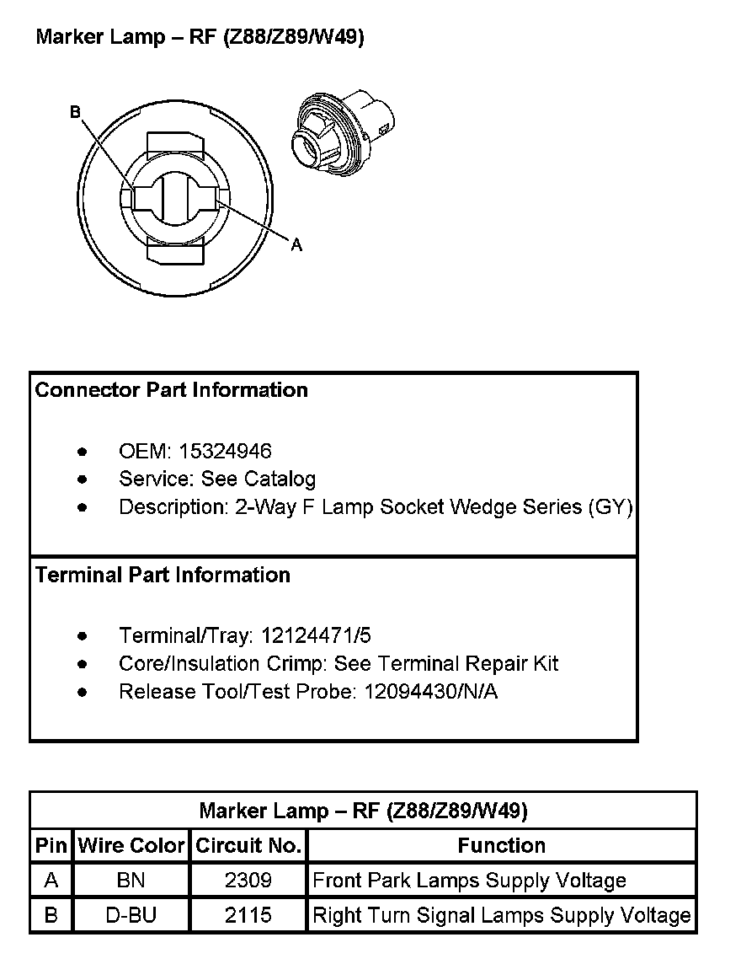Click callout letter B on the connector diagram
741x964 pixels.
click(x=75, y=112)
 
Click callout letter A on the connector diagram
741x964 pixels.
click(x=296, y=245)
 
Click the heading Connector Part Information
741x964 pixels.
click(x=172, y=390)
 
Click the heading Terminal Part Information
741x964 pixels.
click(x=163, y=575)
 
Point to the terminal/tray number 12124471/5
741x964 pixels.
click(x=316, y=635)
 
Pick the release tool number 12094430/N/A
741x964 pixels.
click(x=431, y=692)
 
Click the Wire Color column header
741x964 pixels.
click(x=131, y=845)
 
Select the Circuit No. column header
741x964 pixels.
click(x=248, y=845)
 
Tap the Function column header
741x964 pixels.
click(x=502, y=845)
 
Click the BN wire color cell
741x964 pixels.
click(x=131, y=881)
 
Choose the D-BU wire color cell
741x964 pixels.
click(x=131, y=915)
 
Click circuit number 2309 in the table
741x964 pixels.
click(x=248, y=881)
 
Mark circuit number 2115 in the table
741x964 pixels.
click(x=248, y=915)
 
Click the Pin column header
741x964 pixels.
click(x=51, y=845)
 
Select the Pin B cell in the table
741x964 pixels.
click(x=51, y=915)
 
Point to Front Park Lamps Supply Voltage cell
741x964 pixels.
click(x=469, y=881)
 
